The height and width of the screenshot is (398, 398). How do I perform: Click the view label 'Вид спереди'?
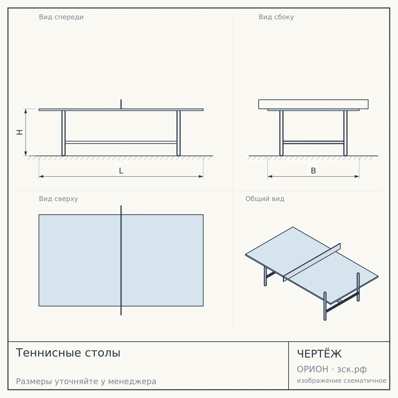click(61, 17)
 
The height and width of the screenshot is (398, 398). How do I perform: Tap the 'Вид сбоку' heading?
click(276, 17)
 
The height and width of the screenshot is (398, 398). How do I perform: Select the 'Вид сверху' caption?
click(58, 199)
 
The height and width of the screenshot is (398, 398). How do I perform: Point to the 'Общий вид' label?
click(265, 199)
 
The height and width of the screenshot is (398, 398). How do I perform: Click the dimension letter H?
click(20, 132)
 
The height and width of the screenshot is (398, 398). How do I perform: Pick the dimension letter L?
click(121, 171)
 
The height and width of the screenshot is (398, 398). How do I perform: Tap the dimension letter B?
click(313, 171)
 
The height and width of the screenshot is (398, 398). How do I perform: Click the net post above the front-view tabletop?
click(121, 104)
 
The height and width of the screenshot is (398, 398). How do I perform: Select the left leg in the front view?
click(63, 133)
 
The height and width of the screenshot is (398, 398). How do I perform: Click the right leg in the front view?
click(178, 133)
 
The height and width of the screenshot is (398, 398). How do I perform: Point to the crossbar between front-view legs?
click(121, 142)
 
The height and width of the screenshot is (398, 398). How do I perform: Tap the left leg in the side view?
click(281, 133)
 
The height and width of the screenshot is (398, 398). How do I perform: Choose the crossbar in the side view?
click(313, 142)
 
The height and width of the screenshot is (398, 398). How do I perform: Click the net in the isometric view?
click(312, 262)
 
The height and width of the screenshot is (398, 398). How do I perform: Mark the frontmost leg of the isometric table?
click(325, 306)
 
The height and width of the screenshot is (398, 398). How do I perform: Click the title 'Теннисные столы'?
click(68, 353)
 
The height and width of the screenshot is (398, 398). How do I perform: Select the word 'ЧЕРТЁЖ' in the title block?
click(319, 354)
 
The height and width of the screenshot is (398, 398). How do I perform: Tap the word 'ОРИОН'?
click(312, 369)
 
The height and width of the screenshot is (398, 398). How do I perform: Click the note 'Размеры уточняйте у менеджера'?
click(86, 381)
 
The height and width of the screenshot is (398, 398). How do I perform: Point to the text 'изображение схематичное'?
click(342, 380)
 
